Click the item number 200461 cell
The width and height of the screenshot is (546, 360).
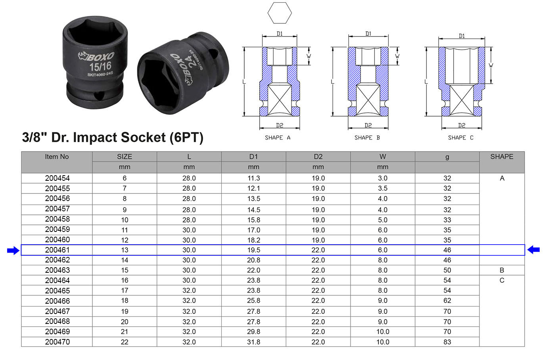pyautogui.click(x=57, y=250)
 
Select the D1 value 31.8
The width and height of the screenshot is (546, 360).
pyautogui.click(x=253, y=342)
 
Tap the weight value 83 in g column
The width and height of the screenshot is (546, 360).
pyautogui.click(x=447, y=342)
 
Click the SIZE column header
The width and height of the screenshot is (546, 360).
pyautogui.click(x=125, y=157)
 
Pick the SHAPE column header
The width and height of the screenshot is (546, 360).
pyautogui.click(x=502, y=157)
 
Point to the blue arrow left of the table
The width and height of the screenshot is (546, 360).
pyautogui.click(x=13, y=250)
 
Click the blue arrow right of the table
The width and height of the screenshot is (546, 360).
pyautogui.click(x=533, y=250)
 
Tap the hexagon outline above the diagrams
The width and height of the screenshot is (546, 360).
pyautogui.click(x=280, y=13)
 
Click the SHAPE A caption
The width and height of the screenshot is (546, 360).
pyautogui.click(x=278, y=138)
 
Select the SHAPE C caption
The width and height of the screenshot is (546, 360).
pyautogui.click(x=460, y=138)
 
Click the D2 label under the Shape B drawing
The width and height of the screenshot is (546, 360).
pyautogui.click(x=368, y=125)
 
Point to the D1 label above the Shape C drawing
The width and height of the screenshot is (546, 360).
pyautogui.click(x=462, y=36)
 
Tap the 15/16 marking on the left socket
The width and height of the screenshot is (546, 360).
pyautogui.click(x=100, y=66)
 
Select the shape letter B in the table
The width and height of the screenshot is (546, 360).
pyautogui.click(x=502, y=270)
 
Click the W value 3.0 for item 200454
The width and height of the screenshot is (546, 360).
pyautogui.click(x=382, y=178)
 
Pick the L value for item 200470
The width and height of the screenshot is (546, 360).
pyautogui.click(x=189, y=342)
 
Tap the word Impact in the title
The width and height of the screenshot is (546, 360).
pyautogui.click(x=95, y=137)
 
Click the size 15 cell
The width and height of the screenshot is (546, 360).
pyautogui.click(x=125, y=270)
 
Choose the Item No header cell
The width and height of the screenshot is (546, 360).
pyautogui.click(x=57, y=157)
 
